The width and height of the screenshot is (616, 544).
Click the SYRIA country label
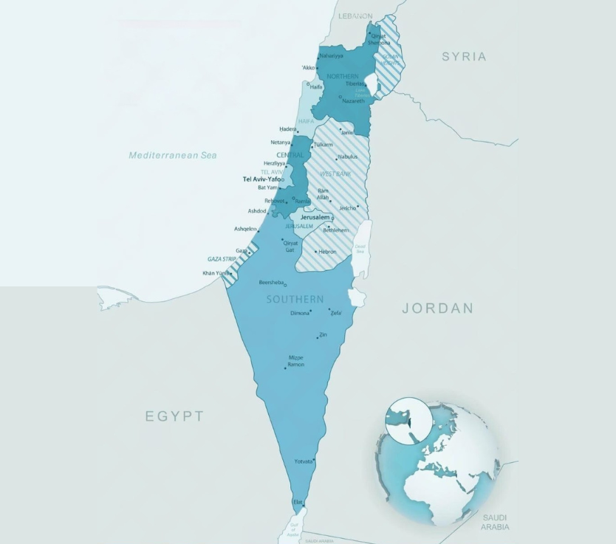464,56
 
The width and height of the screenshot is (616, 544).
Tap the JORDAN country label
437,309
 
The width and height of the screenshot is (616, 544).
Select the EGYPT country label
174,416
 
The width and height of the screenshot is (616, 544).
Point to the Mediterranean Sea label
173,155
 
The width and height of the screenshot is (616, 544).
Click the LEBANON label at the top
356,16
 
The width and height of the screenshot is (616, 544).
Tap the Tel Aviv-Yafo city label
261,179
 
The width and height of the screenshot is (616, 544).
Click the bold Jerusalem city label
315,217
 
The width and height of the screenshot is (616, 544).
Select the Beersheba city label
271,283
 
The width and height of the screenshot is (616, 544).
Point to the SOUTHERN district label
295,299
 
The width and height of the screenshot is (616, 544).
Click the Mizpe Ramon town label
295,361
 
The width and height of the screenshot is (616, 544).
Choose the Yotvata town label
303,461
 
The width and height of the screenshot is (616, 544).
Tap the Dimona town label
300,313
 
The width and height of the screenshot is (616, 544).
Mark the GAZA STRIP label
222,259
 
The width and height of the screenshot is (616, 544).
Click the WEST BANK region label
335,173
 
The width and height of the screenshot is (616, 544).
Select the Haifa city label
316,86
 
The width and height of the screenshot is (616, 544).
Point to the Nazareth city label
354,100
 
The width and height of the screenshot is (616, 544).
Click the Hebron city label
327,252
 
